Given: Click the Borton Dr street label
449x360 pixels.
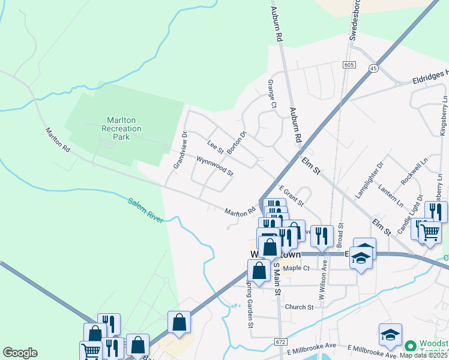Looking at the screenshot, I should [237, 142].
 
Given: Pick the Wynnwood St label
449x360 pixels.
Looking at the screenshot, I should [214, 166].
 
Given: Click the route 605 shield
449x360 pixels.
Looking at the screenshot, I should [349, 64].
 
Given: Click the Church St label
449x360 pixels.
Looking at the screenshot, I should [299, 307].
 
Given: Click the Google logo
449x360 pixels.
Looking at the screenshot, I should [20, 353].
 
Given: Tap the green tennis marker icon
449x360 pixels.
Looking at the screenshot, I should [411, 346].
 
